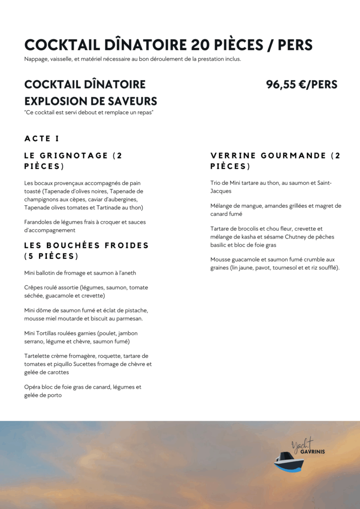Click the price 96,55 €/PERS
tap(301, 85)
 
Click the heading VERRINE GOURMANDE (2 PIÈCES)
tap(275, 161)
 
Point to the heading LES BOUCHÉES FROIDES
tap(87, 246)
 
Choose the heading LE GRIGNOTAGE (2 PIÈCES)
tap(73, 161)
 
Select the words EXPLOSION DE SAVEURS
tap(90, 101)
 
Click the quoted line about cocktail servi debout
tap(89, 113)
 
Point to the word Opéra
tap(33, 387)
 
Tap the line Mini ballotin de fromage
tap(80, 273)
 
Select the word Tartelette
tap(40, 356)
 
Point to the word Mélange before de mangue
tap(223, 206)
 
